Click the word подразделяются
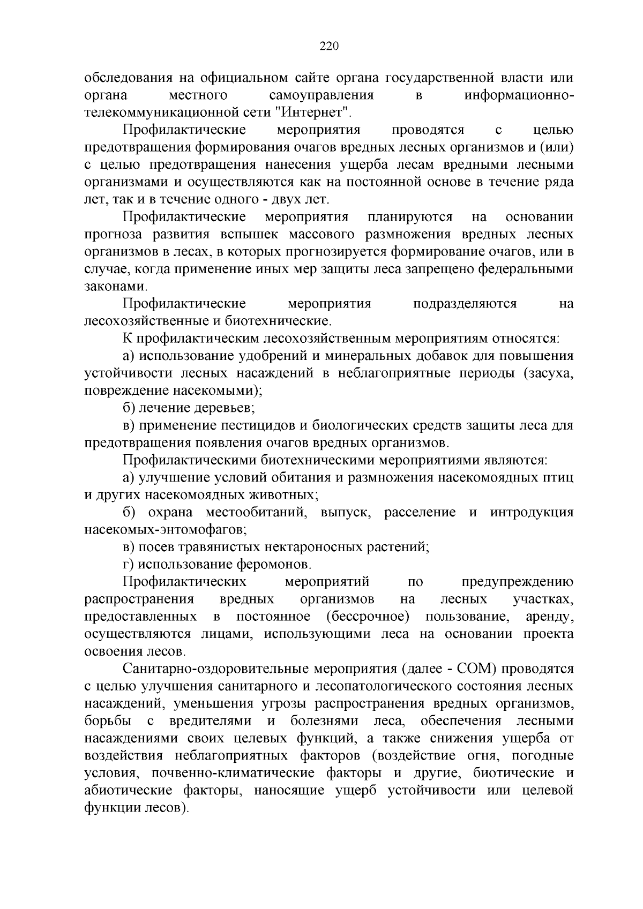[x=465, y=304]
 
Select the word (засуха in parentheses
[x=549, y=373]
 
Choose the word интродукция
[x=532, y=513]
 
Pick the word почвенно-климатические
[x=233, y=773]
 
